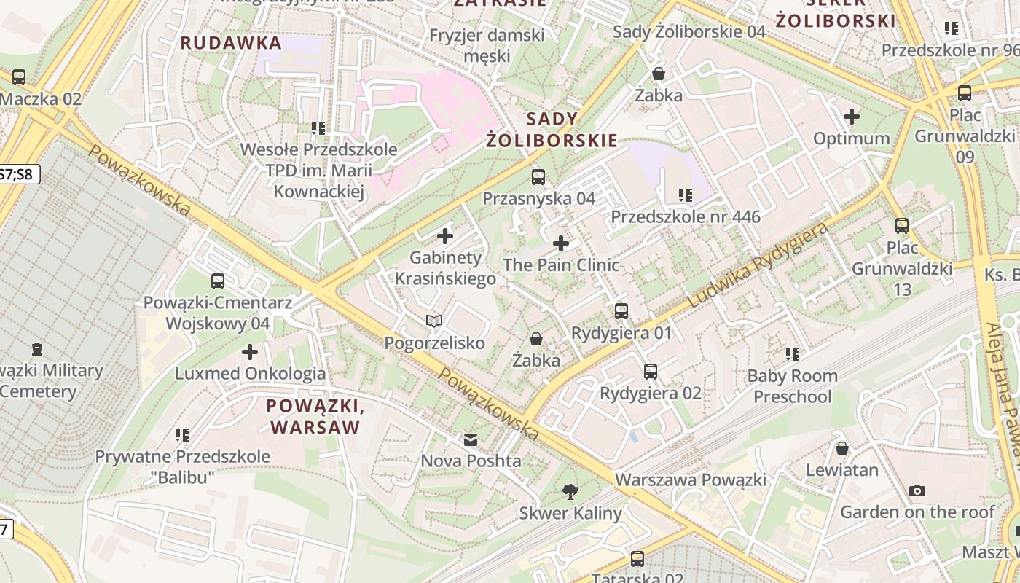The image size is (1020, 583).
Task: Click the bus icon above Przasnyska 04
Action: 538,176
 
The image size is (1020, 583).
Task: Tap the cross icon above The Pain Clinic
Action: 561,243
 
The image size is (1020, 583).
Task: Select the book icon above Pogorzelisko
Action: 434,321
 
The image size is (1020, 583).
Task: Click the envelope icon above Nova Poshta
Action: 471,440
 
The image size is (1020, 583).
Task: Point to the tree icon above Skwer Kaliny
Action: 570,492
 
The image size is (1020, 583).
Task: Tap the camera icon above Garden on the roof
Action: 917,490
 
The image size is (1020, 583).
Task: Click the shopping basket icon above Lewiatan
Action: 842,448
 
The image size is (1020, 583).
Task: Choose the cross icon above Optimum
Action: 852,117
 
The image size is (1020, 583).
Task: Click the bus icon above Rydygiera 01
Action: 621,311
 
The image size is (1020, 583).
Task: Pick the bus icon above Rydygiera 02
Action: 651,372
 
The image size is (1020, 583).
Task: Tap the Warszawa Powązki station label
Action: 691,480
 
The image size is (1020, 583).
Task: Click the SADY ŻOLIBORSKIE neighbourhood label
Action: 552,130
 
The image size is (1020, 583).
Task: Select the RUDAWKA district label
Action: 231,43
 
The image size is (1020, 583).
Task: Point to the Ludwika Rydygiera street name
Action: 758,266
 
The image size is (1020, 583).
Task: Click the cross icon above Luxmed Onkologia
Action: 250,353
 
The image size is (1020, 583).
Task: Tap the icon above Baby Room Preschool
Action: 793,354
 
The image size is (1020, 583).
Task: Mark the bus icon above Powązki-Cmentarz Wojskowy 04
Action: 217,281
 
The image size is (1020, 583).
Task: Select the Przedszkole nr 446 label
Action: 685,216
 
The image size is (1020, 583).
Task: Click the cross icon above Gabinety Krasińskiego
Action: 444,236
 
